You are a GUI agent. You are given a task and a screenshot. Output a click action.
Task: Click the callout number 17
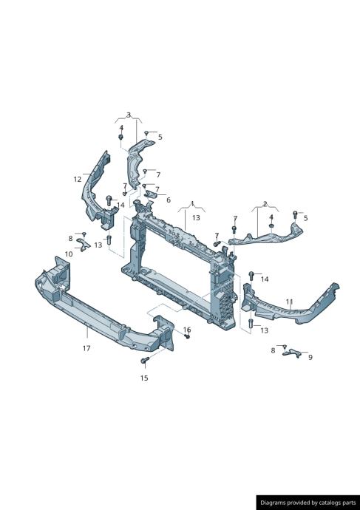[86, 348]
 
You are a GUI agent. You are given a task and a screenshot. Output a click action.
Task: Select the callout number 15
[144, 378]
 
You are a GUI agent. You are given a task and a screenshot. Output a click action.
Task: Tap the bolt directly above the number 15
[145, 360]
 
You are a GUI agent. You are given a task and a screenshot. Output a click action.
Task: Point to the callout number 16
[187, 330]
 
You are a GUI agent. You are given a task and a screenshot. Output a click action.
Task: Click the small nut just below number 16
[187, 336]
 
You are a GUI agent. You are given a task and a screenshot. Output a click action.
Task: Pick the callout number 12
[78, 179]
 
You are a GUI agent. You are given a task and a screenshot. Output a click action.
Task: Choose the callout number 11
[290, 302]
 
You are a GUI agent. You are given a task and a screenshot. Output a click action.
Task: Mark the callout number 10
[69, 254]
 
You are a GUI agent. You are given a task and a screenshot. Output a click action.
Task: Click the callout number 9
[310, 357]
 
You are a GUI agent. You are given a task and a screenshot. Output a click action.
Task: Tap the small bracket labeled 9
[292, 353]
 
